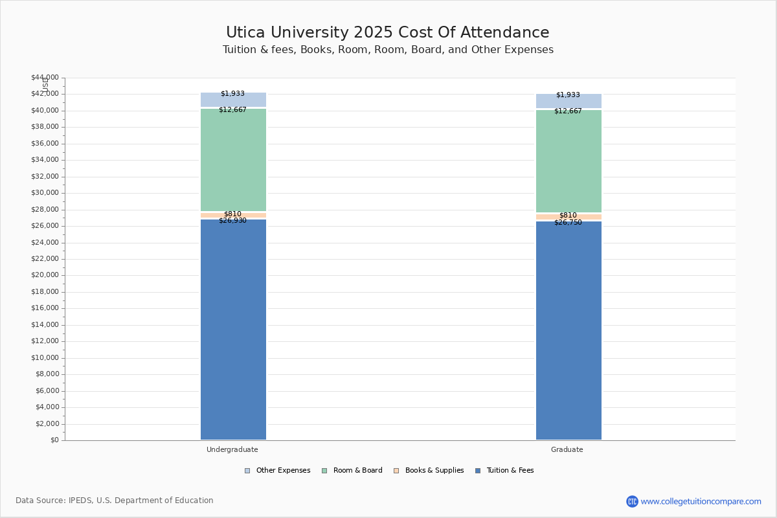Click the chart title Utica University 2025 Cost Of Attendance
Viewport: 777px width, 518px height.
[387, 32]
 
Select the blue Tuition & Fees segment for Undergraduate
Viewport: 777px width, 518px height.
[233, 330]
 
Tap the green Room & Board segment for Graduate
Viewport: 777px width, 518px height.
[569, 162]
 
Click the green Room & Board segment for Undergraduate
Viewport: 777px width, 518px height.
[233, 161]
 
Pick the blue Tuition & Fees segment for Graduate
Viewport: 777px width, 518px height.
[569, 330]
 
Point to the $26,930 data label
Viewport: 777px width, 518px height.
[232, 221]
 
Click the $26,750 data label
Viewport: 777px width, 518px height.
[568, 223]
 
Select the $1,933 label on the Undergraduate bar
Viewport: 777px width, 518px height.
[232, 94]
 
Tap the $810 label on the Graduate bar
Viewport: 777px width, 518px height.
[568, 216]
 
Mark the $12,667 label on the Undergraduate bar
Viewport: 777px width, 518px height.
[232, 110]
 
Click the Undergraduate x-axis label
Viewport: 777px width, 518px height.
[232, 449]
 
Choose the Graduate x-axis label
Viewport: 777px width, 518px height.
[567, 449]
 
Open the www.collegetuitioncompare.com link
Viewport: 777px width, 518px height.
[701, 501]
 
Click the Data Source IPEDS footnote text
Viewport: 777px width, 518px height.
[115, 501]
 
